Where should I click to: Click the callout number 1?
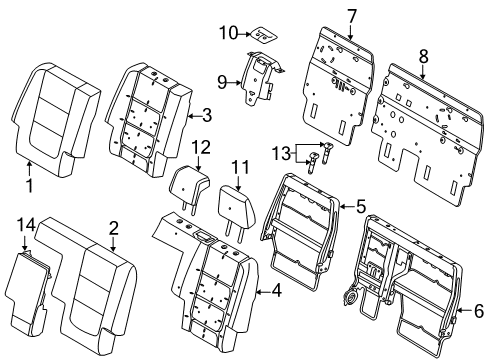pyautogui.click(x=30, y=185)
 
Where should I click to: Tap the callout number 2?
pyautogui.click(x=114, y=229)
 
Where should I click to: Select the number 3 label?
pyautogui.click(x=207, y=115)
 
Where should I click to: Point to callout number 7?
pyautogui.click(x=352, y=16)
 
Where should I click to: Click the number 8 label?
pyautogui.click(x=423, y=56)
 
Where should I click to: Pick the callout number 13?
pyautogui.click(x=282, y=154)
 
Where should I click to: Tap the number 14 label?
pyautogui.click(x=26, y=225)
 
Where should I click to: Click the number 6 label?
pyautogui.click(x=479, y=311)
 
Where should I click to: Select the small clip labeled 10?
pyautogui.click(x=264, y=35)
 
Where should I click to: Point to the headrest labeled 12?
pyautogui.click(x=188, y=188)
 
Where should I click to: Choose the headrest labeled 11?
pyautogui.click(x=237, y=209)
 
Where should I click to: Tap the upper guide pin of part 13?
pyautogui.click(x=327, y=151)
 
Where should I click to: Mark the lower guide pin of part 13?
pyautogui.click(x=313, y=162)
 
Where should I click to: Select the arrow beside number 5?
pyautogui.click(x=347, y=207)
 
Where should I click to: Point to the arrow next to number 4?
pyautogui.click(x=263, y=292)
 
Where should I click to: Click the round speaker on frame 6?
pyautogui.click(x=350, y=297)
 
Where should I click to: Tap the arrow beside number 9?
pyautogui.click(x=234, y=82)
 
